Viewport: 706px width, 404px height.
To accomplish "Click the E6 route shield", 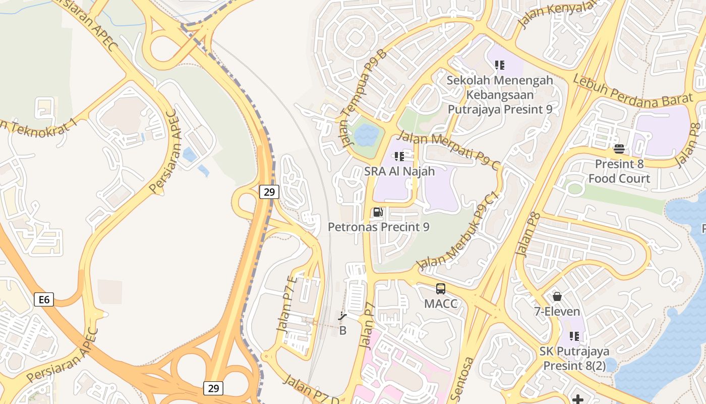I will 44,299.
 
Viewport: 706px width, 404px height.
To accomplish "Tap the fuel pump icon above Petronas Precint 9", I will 378,212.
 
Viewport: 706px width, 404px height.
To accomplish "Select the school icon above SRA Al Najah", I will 399,157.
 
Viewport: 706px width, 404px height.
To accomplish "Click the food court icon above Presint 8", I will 619,149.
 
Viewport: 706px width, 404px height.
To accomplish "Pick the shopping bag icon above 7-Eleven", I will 557,296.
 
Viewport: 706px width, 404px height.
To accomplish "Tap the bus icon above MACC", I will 441,289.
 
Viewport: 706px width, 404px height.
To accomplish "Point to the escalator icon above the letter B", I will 343,317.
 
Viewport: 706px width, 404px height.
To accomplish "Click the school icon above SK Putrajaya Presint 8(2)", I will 574,336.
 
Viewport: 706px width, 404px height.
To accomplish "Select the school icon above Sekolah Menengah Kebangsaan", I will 500,65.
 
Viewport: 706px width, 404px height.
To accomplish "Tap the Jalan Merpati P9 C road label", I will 449,150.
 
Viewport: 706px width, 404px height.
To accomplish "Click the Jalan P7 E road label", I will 287,304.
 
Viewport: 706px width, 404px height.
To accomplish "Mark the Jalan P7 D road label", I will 311,389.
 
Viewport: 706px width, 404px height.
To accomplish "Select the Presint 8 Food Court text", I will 619,171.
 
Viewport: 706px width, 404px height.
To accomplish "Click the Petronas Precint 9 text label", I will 379,227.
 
